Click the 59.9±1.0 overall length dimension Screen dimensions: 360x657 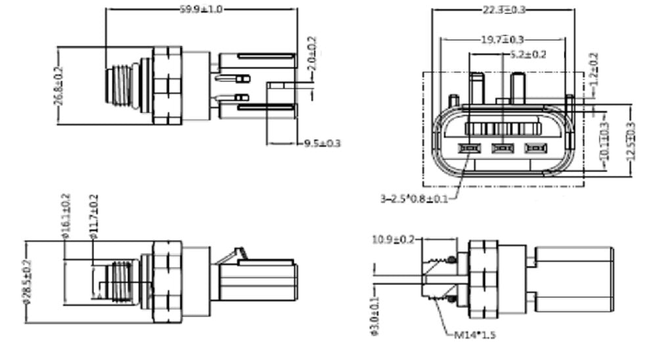click(x=202, y=9)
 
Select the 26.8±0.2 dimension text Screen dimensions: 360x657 click(x=58, y=85)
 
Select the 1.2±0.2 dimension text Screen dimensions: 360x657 click(x=596, y=71)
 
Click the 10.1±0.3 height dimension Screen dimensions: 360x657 click(x=603, y=139)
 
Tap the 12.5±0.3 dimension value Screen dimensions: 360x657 click(x=631, y=140)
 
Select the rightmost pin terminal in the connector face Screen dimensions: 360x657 click(x=535, y=148)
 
